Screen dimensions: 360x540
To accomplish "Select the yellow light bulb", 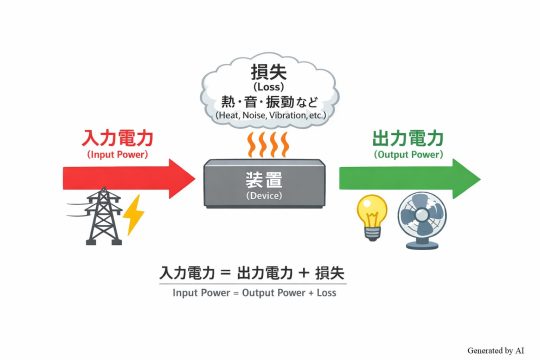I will tap(372, 214).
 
